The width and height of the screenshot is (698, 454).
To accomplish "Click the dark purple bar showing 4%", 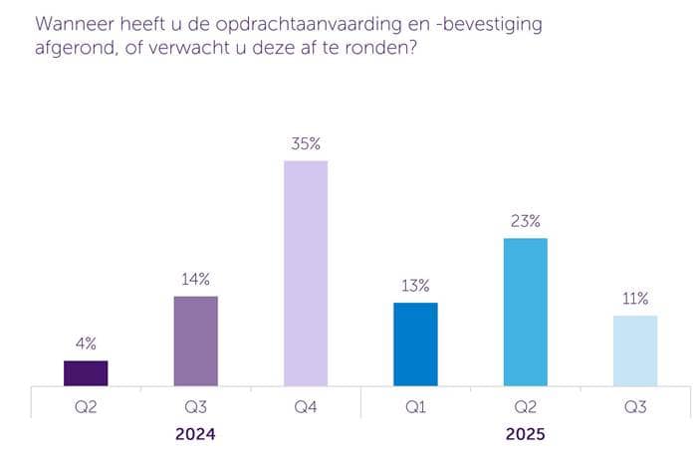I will (86, 372).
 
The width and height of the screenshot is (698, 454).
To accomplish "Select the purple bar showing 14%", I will (195, 340).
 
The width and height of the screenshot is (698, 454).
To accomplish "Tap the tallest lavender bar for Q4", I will (306, 273).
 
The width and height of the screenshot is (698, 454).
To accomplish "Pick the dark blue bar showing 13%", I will (415, 343).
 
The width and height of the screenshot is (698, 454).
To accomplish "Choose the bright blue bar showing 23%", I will (525, 312).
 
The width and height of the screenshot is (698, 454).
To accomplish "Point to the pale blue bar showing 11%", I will (634, 349).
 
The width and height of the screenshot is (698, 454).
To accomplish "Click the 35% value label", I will (306, 143).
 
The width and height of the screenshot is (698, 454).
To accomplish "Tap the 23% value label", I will (525, 221).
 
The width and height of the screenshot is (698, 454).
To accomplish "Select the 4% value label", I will (86, 343).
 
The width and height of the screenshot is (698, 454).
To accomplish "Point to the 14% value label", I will (195, 280).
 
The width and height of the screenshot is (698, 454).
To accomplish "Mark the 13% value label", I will (415, 286).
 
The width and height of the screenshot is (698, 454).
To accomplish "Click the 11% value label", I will (634, 299).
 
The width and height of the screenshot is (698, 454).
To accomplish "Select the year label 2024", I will (195, 435).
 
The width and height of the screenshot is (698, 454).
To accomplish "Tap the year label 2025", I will (525, 435).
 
